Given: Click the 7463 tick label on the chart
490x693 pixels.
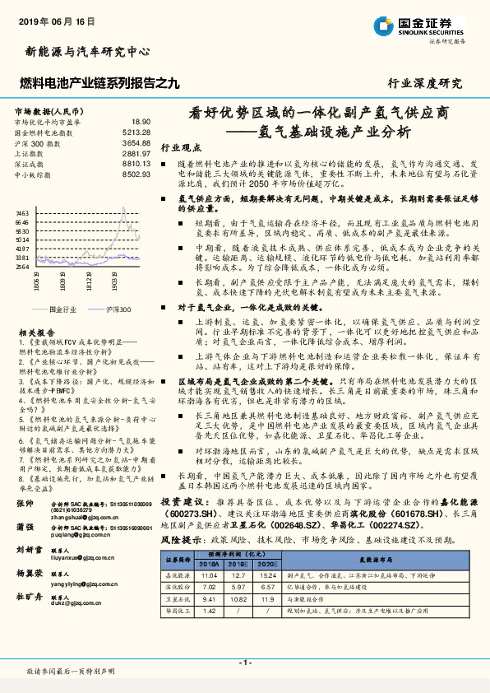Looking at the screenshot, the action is pyautogui.click(x=23, y=213).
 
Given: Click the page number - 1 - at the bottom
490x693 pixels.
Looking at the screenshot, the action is pyautogui.click(x=244, y=662).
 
